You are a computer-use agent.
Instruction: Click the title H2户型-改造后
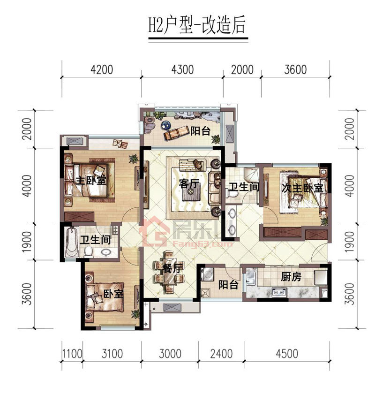[x=196, y=26]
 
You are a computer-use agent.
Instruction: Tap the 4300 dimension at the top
[x=182, y=70]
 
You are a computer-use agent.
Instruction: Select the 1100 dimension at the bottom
[x=72, y=353]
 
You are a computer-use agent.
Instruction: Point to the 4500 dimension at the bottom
[x=287, y=353]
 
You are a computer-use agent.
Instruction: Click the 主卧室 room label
[x=91, y=180]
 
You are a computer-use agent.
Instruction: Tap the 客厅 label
[x=189, y=183]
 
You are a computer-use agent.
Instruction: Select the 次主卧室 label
[x=302, y=188]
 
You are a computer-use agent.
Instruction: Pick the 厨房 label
[x=291, y=277]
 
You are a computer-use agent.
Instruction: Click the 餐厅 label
[x=172, y=268]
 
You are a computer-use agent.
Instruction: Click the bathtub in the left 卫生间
[x=71, y=242]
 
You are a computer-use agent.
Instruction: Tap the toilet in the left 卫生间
[x=88, y=251]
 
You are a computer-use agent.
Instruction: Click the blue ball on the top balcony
[x=166, y=124]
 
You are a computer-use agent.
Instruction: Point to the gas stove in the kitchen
[x=279, y=292]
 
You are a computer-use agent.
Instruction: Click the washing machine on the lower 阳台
[x=208, y=274]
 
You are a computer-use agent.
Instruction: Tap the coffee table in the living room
[x=191, y=192]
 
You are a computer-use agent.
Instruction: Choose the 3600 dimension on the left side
[x=27, y=294]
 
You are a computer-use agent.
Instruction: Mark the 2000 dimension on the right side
[x=350, y=129]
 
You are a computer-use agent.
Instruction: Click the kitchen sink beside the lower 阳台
[x=251, y=277]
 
